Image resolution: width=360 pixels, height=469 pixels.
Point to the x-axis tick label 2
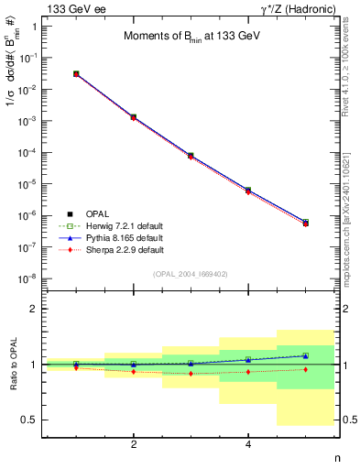[134, 444]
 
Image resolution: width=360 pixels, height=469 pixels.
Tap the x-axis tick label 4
[248, 444]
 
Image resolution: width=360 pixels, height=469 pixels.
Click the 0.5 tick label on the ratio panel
[29, 420]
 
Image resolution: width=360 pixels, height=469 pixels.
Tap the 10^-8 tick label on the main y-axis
[29, 278]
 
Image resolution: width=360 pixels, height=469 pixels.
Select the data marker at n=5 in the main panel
[305, 223]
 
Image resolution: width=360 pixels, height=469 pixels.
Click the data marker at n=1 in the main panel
[76, 73]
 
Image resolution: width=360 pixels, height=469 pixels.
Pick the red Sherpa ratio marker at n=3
[191, 374]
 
